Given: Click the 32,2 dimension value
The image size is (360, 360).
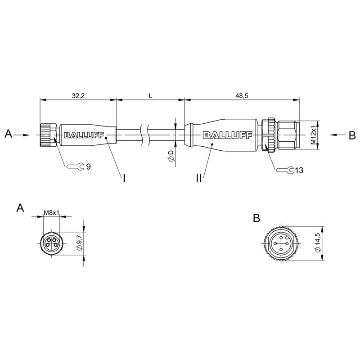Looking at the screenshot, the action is click(x=78, y=96).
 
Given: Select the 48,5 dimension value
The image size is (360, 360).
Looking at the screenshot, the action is click(x=242, y=96).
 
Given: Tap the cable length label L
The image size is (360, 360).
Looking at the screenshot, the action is click(x=150, y=96).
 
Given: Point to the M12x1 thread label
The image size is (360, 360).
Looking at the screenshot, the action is click(x=314, y=135).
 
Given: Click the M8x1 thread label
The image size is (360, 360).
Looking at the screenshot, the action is click(x=52, y=212).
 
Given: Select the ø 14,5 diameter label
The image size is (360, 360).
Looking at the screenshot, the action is click(x=318, y=243).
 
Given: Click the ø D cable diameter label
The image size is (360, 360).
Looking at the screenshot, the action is click(x=171, y=156).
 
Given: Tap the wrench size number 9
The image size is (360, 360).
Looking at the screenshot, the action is click(x=88, y=166).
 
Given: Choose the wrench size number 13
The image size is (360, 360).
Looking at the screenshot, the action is click(x=299, y=170).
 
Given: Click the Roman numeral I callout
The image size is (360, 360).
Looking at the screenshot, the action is click(x=124, y=178).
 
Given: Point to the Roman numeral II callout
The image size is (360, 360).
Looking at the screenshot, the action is click(x=199, y=178).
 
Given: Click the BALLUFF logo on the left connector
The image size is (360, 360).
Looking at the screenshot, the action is click(x=84, y=135).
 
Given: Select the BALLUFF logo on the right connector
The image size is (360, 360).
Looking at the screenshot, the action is click(x=227, y=135).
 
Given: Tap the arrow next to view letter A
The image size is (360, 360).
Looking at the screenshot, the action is click(x=22, y=135).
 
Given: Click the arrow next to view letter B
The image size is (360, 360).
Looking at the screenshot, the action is click(x=338, y=135).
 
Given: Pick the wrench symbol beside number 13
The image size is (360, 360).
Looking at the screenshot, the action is click(x=285, y=170).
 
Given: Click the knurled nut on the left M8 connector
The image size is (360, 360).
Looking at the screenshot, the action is click(x=48, y=135).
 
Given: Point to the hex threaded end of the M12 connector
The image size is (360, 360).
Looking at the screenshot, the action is click(x=288, y=135).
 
